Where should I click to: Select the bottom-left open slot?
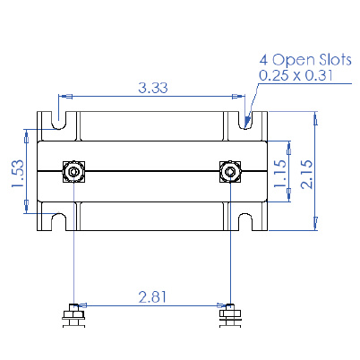59,221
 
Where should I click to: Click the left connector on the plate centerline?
72,170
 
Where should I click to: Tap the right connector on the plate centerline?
230,170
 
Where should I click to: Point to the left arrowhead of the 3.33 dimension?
63,96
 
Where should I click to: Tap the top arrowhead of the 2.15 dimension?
315,116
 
